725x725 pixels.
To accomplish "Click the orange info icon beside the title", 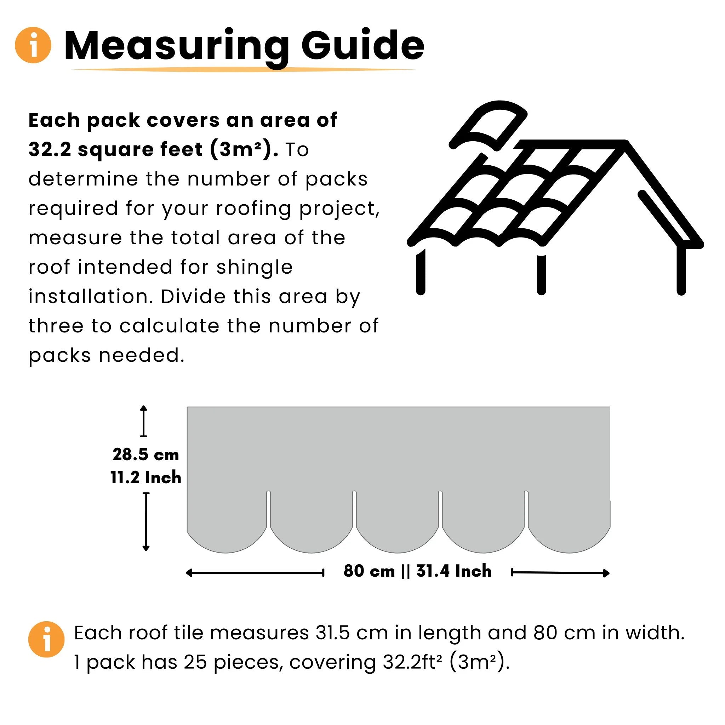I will (x=33, y=45).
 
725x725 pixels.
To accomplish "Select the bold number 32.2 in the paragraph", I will (x=50, y=149).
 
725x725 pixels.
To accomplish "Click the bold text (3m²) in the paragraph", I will (x=244, y=149).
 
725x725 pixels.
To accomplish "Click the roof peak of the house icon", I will (x=625, y=143).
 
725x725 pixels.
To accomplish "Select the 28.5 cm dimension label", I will (x=145, y=455).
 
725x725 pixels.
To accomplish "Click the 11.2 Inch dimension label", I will (x=145, y=478).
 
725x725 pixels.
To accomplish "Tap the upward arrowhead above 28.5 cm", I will (x=144, y=408).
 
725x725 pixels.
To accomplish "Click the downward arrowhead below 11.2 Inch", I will (x=146, y=549).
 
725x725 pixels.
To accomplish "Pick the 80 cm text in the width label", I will (x=369, y=571).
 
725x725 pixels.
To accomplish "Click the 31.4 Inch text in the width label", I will (x=454, y=571).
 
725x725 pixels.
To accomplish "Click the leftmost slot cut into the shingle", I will (x=268, y=508).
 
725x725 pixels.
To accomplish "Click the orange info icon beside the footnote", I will (x=46, y=639).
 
